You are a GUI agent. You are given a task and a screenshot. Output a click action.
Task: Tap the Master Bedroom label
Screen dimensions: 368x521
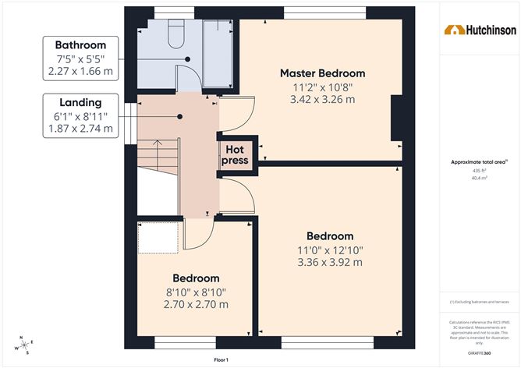pyautogui.click(x=322, y=73)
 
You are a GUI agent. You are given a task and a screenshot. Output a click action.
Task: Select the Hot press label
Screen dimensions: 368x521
pyautogui.click(x=236, y=154)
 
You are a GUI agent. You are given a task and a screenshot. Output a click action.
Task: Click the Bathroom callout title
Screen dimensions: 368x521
pyautogui.click(x=80, y=45)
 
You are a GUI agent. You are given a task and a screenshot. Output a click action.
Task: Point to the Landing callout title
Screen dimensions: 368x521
pyautogui.click(x=80, y=102)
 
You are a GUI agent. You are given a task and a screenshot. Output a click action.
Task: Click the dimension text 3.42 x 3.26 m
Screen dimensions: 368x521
pyautogui.click(x=322, y=99)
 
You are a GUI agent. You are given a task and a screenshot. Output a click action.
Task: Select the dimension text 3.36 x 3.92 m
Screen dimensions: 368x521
pyautogui.click(x=329, y=262)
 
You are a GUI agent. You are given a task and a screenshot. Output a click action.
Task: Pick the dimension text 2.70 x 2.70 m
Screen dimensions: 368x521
pyautogui.click(x=196, y=304)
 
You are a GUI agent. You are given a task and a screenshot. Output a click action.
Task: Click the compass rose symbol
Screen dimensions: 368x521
pyautogui.click(x=23, y=345)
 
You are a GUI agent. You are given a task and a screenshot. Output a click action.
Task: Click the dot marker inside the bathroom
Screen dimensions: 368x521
pyautogui.click(x=188, y=58)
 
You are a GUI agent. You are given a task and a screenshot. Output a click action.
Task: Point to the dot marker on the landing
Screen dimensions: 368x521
pyautogui.click(x=179, y=116)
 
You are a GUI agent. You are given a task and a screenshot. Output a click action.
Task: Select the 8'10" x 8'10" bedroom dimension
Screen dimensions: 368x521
pyautogui.click(x=196, y=292)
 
